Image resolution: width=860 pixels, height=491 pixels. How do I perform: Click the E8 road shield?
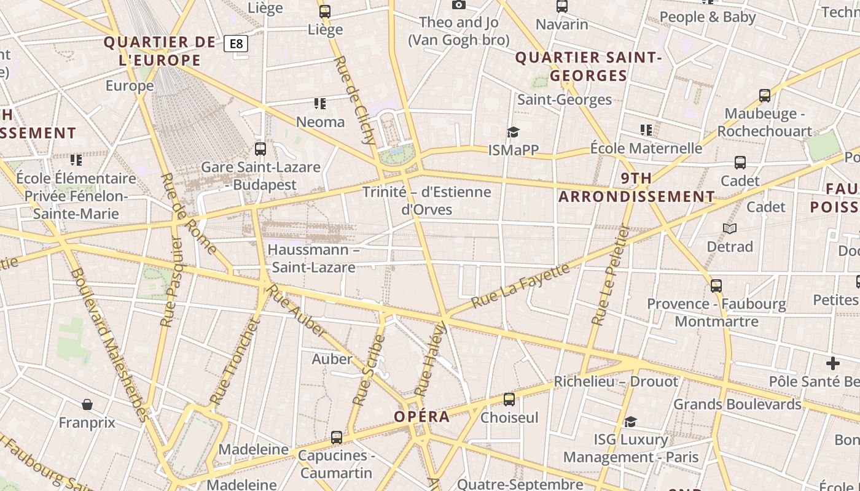coord(236,44)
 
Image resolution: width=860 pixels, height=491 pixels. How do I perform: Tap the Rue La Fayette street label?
coord(520,286)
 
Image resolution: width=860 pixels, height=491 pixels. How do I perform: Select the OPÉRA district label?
coord(421,417)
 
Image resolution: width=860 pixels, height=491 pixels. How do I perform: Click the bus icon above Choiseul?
coord(509,400)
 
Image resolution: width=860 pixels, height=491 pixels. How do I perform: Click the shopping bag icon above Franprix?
coord(87,404)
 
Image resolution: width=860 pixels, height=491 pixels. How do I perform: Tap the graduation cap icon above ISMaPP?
coord(513,132)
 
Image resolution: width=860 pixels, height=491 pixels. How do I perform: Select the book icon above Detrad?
coord(730,228)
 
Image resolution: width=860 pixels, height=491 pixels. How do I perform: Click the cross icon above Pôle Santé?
coord(832,363)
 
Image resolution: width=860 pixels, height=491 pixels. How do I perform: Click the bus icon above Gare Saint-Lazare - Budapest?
coord(260,149)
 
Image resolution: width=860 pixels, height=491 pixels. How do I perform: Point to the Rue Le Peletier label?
coord(611,274)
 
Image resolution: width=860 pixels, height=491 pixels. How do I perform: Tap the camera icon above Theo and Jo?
coord(458,5)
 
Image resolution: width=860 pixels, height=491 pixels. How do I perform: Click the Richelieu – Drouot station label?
coord(616,381)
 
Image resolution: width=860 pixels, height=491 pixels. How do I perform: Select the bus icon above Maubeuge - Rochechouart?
coord(764,96)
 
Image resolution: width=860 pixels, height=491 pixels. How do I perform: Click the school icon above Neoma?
coord(319,103)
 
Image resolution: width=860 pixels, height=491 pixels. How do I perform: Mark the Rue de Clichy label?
coord(356,100)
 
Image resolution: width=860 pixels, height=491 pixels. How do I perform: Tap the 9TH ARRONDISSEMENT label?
coord(637,187)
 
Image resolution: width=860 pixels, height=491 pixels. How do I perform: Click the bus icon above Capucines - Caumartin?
coord(336,438)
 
